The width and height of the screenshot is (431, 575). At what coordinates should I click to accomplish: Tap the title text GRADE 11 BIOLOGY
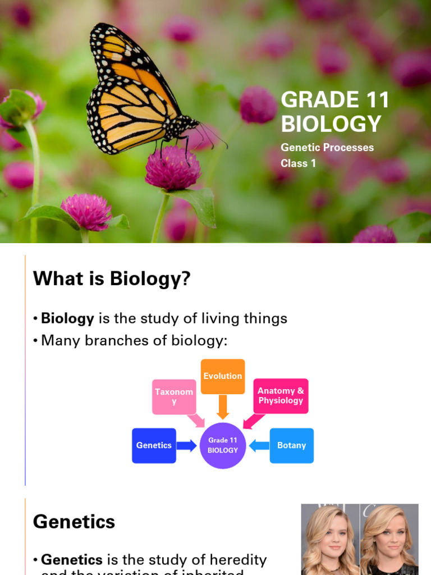pos(335,112)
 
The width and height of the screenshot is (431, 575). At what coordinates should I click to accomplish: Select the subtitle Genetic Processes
pos(327,148)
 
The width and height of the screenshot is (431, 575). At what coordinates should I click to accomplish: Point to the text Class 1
pos(298,163)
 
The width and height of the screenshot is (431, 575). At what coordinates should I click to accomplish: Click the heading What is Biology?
pos(112,278)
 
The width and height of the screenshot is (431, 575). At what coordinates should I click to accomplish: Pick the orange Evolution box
pos(223,376)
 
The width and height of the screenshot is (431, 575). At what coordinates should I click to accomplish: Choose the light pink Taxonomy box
pos(174,396)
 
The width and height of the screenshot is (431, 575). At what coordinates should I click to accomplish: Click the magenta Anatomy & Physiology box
pos(281,396)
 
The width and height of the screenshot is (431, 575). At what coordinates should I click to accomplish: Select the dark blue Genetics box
pos(154,445)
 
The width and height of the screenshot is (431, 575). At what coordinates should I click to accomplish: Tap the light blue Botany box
pos(291,445)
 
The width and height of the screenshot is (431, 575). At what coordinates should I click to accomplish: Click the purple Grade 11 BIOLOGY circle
pos(223,445)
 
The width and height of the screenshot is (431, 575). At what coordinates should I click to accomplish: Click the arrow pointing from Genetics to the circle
pos(186,446)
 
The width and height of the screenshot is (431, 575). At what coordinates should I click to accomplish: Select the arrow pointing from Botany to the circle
pos(259,446)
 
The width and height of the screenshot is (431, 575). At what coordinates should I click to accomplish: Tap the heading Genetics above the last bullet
pos(74,522)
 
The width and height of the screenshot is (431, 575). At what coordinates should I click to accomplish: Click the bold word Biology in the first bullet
pos(67,318)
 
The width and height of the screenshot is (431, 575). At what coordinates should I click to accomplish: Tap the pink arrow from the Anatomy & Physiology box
pos(253,421)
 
